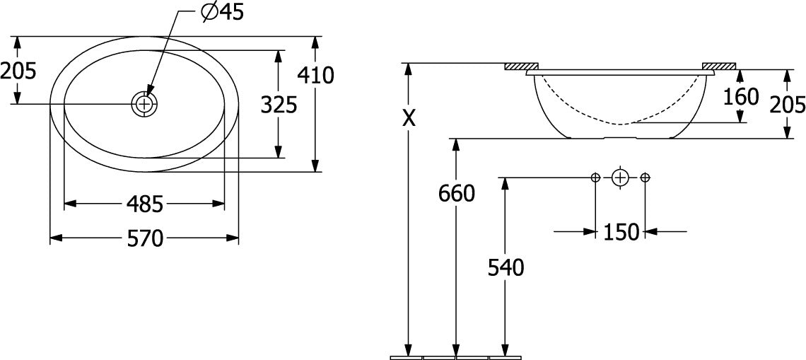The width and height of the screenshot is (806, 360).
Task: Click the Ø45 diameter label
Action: click(x=222, y=13)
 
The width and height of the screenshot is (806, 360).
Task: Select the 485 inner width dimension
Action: click(x=145, y=204)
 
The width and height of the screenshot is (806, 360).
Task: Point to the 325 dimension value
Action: click(x=279, y=105)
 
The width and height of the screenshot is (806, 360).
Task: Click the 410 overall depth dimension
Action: click(x=315, y=76)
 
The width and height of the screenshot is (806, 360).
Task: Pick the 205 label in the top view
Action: click(x=18, y=71)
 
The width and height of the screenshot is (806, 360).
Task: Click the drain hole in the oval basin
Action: click(x=145, y=104)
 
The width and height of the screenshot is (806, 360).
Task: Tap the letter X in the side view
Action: click(x=409, y=119)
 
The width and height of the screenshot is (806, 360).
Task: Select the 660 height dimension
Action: click(x=457, y=194)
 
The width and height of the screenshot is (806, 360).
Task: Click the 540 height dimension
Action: click(x=506, y=268)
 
